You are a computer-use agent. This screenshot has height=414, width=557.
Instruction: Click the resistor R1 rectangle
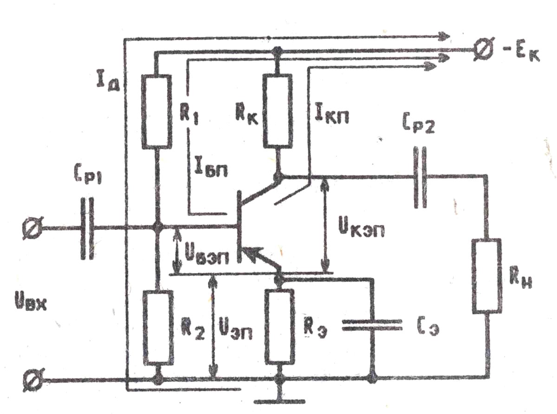click(157, 112)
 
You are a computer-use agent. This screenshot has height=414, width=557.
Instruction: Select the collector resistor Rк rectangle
click(277, 110)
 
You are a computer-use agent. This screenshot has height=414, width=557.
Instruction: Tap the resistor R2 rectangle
click(158, 328)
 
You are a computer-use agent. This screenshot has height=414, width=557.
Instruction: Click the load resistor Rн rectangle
click(487, 276)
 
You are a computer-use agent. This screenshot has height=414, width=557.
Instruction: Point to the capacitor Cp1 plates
click(87, 228)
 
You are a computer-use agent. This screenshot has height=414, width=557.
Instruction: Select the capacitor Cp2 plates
click(421, 178)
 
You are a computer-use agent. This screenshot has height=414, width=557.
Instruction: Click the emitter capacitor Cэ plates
click(372, 325)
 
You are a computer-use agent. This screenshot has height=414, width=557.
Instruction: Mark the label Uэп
click(235, 329)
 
